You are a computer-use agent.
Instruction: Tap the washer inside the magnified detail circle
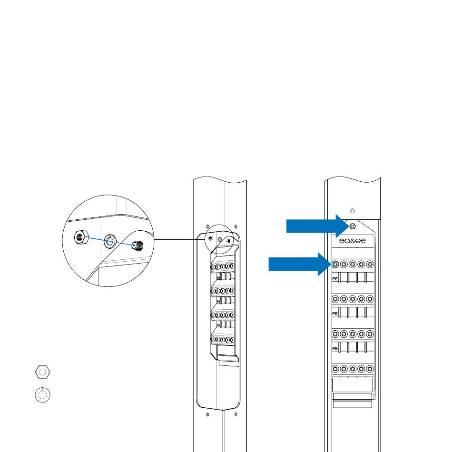(x=110, y=242)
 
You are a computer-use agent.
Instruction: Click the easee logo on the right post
(x=352, y=242)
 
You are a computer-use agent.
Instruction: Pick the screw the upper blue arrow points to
(x=352, y=226)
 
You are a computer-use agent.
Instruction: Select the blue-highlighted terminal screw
(x=335, y=264)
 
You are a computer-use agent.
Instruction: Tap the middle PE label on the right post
(x=335, y=314)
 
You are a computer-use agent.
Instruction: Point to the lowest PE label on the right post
(x=335, y=348)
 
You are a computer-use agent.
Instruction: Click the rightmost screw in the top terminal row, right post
(x=370, y=264)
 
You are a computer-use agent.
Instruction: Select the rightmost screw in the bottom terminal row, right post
(x=370, y=368)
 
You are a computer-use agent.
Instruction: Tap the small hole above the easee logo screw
(x=352, y=211)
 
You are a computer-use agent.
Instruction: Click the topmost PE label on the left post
(x=218, y=276)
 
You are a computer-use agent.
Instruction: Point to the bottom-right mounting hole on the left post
(x=235, y=414)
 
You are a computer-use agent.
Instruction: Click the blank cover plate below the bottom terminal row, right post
(x=352, y=385)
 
